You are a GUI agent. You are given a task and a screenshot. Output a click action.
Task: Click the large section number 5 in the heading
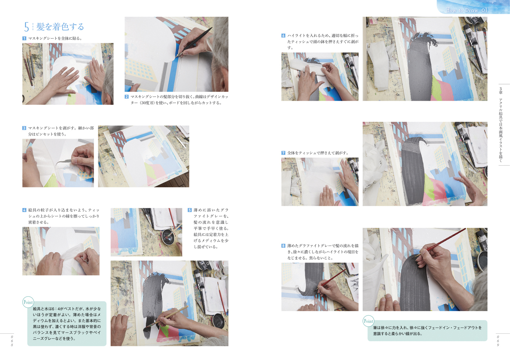pos(26,27)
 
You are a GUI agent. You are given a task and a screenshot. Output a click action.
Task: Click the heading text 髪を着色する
pos(60,27)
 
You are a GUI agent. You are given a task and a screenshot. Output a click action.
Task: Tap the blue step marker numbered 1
pos(24,38)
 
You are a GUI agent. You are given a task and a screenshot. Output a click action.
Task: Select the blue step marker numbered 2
pos(127,96)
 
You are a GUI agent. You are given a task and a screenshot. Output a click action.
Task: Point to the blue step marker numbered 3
pos(24,128)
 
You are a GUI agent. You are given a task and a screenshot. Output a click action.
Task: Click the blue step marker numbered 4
pos(24,210)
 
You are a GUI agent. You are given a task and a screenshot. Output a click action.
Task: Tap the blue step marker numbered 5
pos(190,210)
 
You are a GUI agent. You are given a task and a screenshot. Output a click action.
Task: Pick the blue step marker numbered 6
pos(283,36)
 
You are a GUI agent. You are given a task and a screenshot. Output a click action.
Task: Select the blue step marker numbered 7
pos(283,153)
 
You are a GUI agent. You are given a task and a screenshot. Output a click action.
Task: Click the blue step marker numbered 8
pos(283,246)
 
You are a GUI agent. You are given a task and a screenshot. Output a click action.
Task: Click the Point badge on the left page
pos(28,302)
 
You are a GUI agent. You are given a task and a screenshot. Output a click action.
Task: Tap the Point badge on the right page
pos(369,321)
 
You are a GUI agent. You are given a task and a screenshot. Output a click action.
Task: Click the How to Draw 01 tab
pos(466,10)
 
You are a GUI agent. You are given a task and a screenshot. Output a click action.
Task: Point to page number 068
pos(12,341)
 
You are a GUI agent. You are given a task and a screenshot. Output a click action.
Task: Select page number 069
pos(498,341)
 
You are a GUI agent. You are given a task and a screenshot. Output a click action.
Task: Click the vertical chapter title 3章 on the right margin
pos(500,90)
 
